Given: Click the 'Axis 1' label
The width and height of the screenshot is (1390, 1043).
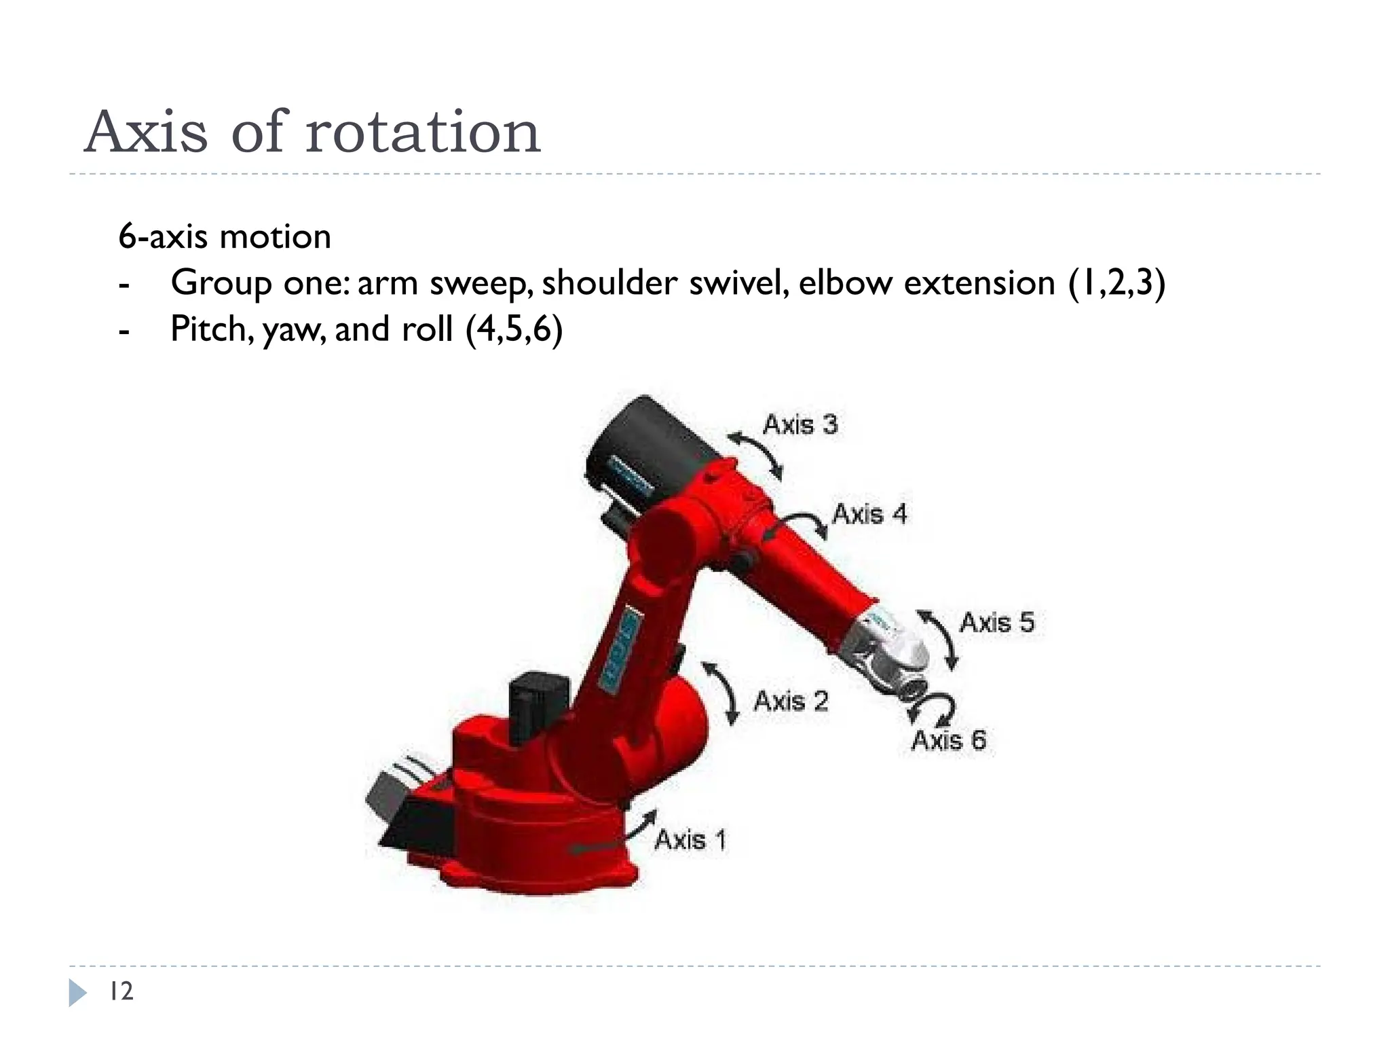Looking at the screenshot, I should click(x=690, y=840).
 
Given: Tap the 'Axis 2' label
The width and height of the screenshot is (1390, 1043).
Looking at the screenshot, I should click(x=791, y=701).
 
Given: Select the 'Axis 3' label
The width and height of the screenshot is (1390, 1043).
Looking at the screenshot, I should click(x=800, y=424).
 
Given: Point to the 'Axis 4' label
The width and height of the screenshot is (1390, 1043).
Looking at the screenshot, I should click(x=869, y=514).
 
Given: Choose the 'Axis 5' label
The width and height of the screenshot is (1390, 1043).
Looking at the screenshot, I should click(x=996, y=623).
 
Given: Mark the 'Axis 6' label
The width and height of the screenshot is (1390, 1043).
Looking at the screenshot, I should click(x=948, y=740).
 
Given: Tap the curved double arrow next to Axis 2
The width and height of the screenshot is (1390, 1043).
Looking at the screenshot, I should click(x=721, y=693).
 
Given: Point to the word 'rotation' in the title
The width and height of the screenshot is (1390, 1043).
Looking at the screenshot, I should click(x=423, y=132).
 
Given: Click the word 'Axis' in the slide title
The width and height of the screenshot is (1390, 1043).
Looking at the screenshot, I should click(x=146, y=132).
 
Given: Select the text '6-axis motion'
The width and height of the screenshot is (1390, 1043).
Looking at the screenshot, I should click(x=225, y=237).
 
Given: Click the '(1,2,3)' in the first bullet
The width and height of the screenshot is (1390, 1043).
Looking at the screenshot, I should click(x=1116, y=283).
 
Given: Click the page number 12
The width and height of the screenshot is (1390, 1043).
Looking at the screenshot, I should click(x=121, y=991).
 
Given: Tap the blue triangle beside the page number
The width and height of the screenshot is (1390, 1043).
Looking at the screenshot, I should click(x=77, y=993).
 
